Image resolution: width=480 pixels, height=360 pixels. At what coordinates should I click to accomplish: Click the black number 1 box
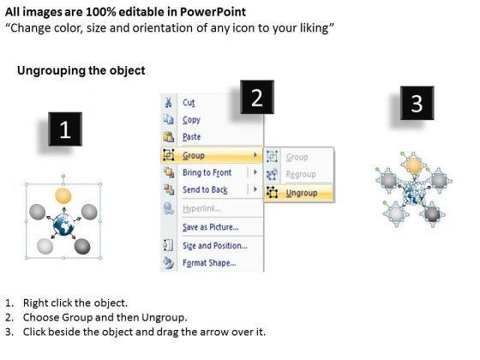tap(65, 129)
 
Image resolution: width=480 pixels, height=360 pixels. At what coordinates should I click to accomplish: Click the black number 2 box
tap(257, 97)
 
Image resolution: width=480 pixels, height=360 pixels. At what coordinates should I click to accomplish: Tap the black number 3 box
tap(417, 103)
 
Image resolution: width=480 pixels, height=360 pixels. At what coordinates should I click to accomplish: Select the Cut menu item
tap(189, 102)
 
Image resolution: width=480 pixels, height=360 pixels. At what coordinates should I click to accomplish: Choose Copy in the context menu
tap(191, 120)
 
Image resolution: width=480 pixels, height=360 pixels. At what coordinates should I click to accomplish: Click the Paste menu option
tap(192, 136)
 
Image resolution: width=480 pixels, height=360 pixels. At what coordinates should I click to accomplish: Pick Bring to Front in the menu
tap(207, 172)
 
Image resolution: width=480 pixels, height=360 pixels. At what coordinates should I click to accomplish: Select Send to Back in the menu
tap(205, 189)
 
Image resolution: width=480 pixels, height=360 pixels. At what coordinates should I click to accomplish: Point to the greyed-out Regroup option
tap(301, 174)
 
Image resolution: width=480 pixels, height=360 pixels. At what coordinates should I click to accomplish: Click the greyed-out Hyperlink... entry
tap(201, 208)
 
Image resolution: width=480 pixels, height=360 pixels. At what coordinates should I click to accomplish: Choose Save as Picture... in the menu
tap(211, 227)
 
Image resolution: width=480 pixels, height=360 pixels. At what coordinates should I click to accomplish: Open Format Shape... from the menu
tap(209, 262)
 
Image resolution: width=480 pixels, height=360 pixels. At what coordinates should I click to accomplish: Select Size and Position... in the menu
tap(215, 245)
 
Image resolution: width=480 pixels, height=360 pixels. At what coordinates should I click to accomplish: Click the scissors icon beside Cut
tap(168, 102)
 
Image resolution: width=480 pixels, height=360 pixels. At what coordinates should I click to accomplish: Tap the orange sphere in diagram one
tap(63, 196)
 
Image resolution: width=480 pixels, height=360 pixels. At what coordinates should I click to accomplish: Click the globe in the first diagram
tap(63, 225)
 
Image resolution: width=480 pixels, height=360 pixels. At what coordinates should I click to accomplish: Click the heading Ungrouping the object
tap(81, 70)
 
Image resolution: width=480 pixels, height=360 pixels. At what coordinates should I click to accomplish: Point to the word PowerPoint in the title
tap(213, 12)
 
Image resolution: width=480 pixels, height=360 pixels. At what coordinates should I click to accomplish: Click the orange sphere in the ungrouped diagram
tap(413, 165)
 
